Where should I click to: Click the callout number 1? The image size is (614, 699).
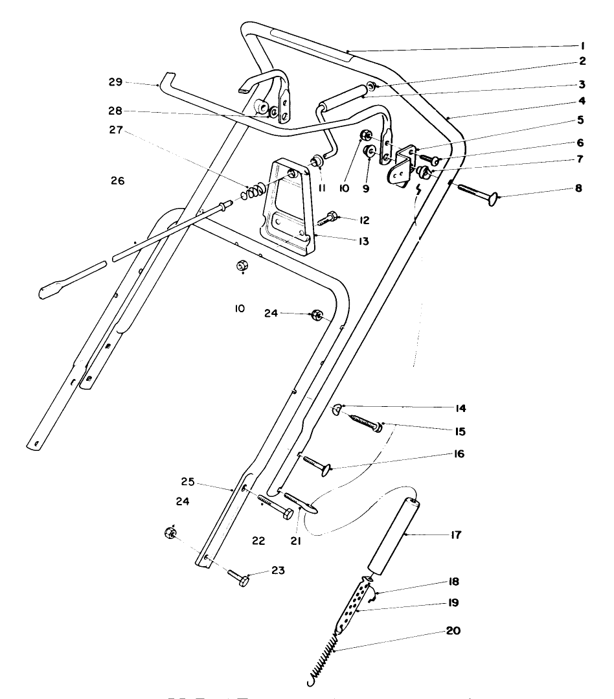582,46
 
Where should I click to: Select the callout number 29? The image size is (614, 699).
115,83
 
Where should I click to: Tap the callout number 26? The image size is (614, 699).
117,179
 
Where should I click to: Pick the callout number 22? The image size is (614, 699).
258,540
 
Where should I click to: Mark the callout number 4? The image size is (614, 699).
582,100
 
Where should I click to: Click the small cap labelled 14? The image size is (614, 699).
337,409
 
